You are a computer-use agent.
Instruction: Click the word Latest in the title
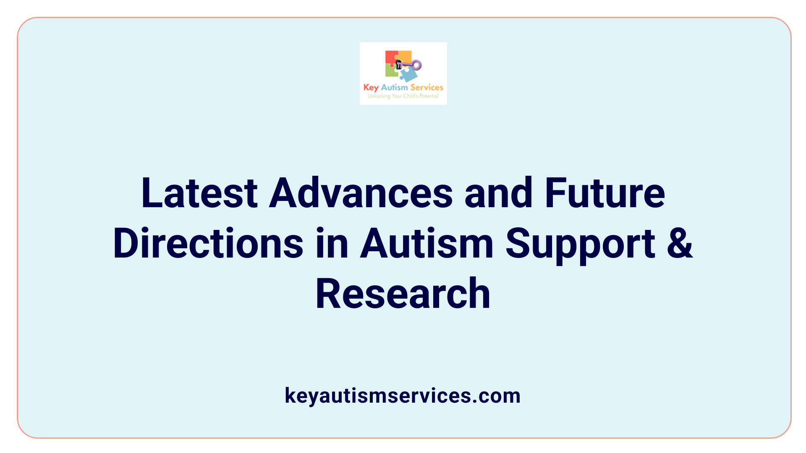tap(199, 193)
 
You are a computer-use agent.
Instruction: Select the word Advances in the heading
tap(361, 193)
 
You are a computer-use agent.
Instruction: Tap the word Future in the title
tap(605, 193)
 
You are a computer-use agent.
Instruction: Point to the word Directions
tap(208, 244)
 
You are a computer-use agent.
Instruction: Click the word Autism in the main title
tap(427, 244)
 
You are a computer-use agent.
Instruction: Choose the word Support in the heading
tap(581, 244)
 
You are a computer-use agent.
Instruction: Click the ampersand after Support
tap(680, 244)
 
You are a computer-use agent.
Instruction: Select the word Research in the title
tap(403, 294)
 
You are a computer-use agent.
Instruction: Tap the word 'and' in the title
tap(499, 193)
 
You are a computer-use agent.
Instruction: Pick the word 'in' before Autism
tap(332, 244)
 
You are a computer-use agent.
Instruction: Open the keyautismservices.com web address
tap(403, 396)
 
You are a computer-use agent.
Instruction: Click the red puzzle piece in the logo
tap(391, 58)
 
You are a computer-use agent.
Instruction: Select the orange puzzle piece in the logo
tap(405, 56)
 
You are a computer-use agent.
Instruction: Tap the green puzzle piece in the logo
tap(392, 71)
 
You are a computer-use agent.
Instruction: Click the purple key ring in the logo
tap(416, 65)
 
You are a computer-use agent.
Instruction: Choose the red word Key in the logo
tap(371, 88)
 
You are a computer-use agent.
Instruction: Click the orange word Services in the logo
tap(427, 88)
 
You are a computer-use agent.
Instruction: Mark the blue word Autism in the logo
tap(394, 88)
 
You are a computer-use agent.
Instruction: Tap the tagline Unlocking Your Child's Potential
tap(403, 96)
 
